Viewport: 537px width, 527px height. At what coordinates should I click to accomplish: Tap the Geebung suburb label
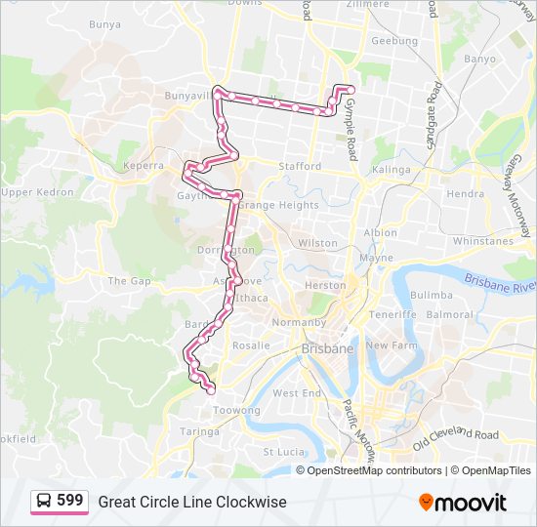click(x=393, y=42)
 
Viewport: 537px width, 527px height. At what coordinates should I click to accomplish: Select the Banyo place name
click(x=479, y=59)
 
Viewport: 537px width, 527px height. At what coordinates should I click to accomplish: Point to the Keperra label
click(x=144, y=166)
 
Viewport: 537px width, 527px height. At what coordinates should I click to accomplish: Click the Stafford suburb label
click(x=299, y=167)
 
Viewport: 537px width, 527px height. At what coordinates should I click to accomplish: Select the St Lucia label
click(x=283, y=452)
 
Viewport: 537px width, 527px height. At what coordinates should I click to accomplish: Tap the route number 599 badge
click(x=70, y=501)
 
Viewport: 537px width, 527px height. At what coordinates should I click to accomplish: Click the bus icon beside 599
click(x=45, y=502)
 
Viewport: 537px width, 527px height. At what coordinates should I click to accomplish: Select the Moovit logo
click(x=463, y=503)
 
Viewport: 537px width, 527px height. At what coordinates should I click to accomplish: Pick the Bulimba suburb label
click(x=431, y=295)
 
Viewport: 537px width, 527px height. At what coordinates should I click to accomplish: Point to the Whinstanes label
click(x=482, y=241)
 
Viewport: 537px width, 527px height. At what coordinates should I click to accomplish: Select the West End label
click(x=297, y=393)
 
